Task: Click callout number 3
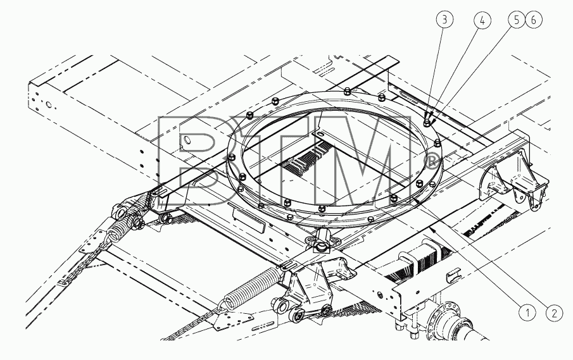pyautogui.click(x=444, y=20)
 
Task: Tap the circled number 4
pyautogui.click(x=482, y=20)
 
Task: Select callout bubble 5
pyautogui.click(x=517, y=20)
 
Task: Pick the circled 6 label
pyautogui.click(x=533, y=20)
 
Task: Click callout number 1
pyautogui.click(x=527, y=313)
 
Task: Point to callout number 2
pyautogui.click(x=555, y=313)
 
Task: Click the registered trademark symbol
pyautogui.click(x=431, y=161)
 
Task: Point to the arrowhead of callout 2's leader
pyautogui.click(x=416, y=200)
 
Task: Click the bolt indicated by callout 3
pyautogui.click(x=427, y=123)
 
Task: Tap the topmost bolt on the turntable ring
pyautogui.click(x=347, y=91)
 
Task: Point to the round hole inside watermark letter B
pyautogui.click(x=187, y=140)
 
